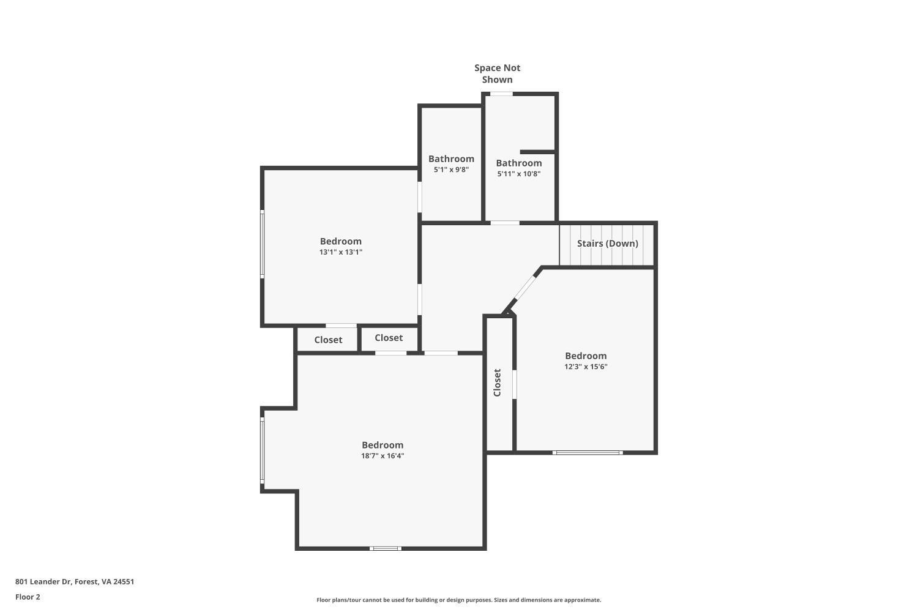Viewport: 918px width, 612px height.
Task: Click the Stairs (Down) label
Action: pyautogui.click(x=607, y=244)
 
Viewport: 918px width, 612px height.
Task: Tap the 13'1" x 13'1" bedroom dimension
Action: pyautogui.click(x=340, y=252)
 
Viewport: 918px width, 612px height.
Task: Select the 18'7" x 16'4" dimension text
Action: pyautogui.click(x=382, y=456)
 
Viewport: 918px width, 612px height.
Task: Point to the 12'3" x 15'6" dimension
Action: pyautogui.click(x=586, y=367)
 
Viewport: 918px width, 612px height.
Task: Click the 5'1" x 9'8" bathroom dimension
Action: pyautogui.click(x=451, y=170)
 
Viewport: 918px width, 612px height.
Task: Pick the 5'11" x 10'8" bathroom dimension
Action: pyautogui.click(x=518, y=174)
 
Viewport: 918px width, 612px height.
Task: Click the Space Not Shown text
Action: pyautogui.click(x=497, y=73)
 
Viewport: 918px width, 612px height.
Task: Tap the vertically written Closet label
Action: pyautogui.click(x=498, y=382)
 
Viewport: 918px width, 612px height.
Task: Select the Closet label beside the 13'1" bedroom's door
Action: pyautogui.click(x=328, y=340)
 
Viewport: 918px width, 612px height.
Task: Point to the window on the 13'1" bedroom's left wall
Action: pyautogui.click(x=263, y=244)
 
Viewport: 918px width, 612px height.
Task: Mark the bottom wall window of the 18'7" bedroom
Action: pyautogui.click(x=386, y=548)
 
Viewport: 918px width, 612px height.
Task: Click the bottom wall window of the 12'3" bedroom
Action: pyautogui.click(x=588, y=453)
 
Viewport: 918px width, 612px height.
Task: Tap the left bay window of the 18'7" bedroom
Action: pyautogui.click(x=263, y=450)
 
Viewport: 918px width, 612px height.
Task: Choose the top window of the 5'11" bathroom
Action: pyautogui.click(x=501, y=94)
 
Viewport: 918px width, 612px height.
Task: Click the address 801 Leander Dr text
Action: pyautogui.click(x=75, y=582)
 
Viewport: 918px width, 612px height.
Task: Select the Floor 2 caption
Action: pyautogui.click(x=28, y=597)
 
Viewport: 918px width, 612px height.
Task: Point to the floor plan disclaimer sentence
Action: pyautogui.click(x=458, y=600)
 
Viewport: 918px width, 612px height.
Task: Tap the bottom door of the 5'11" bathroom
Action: pyautogui.click(x=505, y=223)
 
